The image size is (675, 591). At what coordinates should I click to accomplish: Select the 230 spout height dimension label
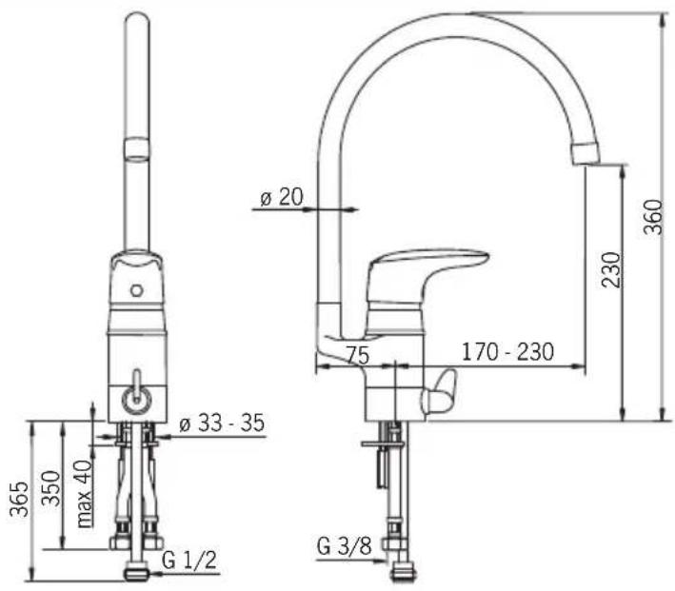click(611, 270)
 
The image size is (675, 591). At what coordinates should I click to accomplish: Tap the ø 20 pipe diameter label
click(282, 197)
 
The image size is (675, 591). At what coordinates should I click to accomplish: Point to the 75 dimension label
click(358, 356)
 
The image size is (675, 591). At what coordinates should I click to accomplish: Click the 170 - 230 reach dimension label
click(508, 352)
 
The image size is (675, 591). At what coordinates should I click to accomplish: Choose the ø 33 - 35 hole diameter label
click(222, 424)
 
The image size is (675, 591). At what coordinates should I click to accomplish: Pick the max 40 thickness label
click(85, 494)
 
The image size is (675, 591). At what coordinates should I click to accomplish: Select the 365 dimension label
click(19, 499)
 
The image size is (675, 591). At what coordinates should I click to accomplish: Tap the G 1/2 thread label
click(189, 560)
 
